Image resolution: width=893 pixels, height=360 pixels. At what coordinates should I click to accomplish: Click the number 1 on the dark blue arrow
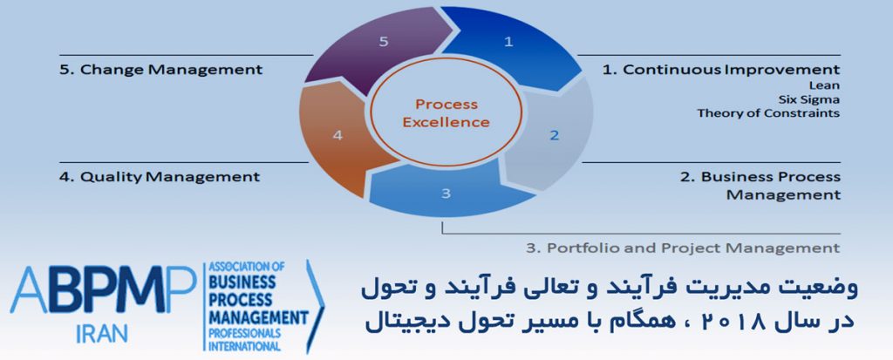pos(508,42)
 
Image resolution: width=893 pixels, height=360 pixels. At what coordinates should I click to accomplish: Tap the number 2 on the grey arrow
pos(554,136)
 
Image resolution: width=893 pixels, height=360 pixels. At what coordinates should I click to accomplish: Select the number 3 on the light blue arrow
pos(446,194)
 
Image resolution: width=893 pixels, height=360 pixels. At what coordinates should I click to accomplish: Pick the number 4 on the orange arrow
pos(337,136)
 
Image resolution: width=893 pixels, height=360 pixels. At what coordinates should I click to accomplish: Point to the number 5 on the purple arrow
pos(384,42)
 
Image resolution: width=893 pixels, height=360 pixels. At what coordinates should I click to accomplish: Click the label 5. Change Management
pos(161,70)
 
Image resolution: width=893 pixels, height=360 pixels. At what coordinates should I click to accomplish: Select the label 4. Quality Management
pos(160,177)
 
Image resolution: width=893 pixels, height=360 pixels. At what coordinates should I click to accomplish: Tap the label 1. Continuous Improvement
pos(721,70)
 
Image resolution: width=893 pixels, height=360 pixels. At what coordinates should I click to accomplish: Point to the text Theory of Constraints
pos(769,112)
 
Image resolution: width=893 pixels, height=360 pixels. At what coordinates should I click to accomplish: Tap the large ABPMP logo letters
pos(103,290)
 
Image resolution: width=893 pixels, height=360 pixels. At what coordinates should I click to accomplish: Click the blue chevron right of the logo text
pos(316,307)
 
